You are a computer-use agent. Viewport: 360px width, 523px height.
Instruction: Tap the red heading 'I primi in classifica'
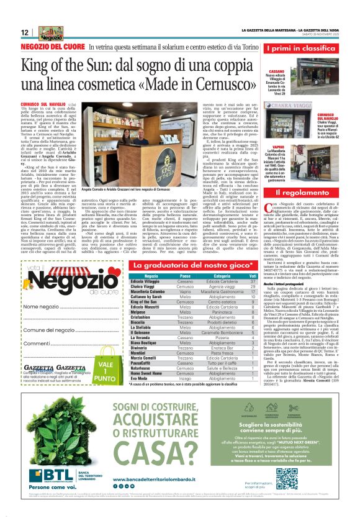[x=301, y=48]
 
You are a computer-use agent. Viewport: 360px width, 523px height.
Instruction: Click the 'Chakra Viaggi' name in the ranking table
[x=145, y=286]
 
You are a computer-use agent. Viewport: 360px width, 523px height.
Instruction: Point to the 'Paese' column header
[x=184, y=276]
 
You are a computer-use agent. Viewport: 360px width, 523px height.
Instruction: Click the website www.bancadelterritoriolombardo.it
[x=175, y=482]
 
